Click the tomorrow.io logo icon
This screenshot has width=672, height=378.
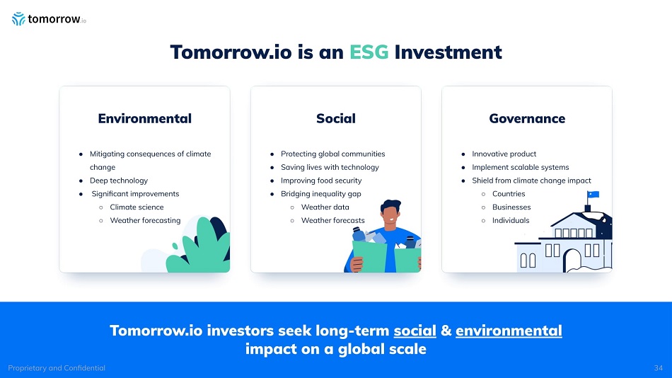point(18,19)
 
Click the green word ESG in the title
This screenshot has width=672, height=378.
point(369,52)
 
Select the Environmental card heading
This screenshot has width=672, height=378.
point(145,118)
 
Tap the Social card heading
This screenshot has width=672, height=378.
point(336,118)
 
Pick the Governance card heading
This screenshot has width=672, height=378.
point(527,118)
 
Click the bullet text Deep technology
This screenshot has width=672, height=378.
point(119,181)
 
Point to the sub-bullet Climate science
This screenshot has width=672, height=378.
point(137,207)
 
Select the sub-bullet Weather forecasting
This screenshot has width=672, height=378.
point(145,221)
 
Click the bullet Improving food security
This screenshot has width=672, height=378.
point(321,181)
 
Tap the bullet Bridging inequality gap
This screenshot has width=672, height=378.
point(321,194)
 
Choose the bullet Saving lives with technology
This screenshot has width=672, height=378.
point(330,167)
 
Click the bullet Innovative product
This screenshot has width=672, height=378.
point(504,154)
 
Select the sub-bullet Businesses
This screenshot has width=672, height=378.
point(511,207)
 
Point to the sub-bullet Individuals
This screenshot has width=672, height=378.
point(511,221)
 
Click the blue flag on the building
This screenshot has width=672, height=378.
point(593,195)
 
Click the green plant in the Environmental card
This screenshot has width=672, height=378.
point(199,248)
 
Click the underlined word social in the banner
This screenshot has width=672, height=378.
point(415,331)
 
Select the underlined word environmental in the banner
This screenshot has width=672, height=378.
point(509,331)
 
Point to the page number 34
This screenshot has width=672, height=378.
point(659,368)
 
